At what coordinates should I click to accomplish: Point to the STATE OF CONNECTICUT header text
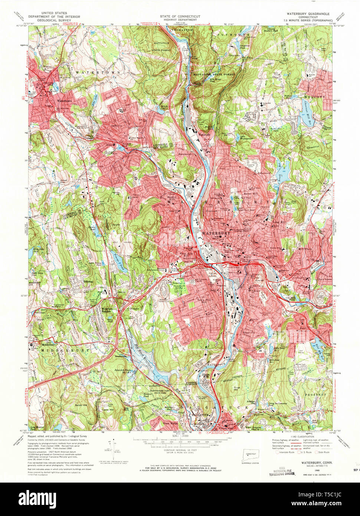(180, 17)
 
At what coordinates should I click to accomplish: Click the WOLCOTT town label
(314, 97)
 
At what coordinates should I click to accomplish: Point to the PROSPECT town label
(315, 395)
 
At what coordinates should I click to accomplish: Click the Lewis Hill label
(108, 410)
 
